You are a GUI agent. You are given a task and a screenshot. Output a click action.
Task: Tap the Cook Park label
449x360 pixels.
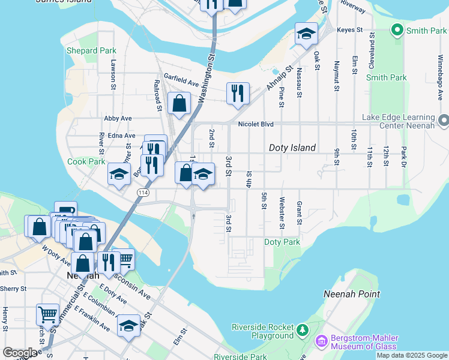86,161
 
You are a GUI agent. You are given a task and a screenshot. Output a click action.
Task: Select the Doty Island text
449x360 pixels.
292,148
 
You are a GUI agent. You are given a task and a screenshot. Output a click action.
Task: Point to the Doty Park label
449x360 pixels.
282,242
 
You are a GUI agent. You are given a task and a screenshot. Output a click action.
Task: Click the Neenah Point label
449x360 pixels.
352,294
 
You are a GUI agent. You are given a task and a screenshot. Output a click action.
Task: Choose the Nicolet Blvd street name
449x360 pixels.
256,125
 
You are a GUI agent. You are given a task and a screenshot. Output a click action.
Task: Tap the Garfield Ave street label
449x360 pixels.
181,78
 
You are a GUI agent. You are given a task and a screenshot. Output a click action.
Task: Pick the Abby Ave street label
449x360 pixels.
118,119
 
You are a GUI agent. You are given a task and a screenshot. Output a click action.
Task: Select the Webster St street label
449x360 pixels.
282,213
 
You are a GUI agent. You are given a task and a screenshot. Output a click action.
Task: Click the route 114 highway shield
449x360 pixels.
142,192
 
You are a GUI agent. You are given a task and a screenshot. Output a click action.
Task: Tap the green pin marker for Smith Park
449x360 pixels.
397,29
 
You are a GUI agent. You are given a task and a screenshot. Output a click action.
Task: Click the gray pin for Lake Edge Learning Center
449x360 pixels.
444,122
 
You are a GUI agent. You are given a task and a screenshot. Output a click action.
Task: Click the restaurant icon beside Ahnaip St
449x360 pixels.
238,92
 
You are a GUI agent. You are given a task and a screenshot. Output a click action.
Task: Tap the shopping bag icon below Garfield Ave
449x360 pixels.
179,103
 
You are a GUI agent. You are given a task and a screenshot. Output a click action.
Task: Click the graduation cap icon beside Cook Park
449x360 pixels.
119,175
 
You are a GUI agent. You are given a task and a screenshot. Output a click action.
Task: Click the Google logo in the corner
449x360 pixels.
21,352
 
